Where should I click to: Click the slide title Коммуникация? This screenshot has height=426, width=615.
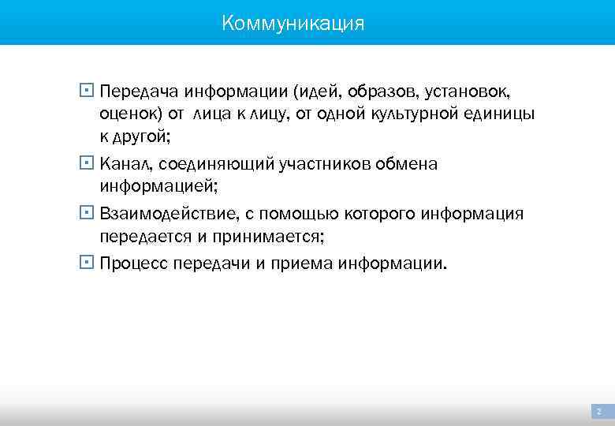tap(293, 23)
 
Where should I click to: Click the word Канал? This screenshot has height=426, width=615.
tap(122, 164)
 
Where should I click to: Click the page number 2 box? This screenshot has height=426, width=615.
tap(599, 412)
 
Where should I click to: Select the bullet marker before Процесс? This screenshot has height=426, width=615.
tap(86, 263)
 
